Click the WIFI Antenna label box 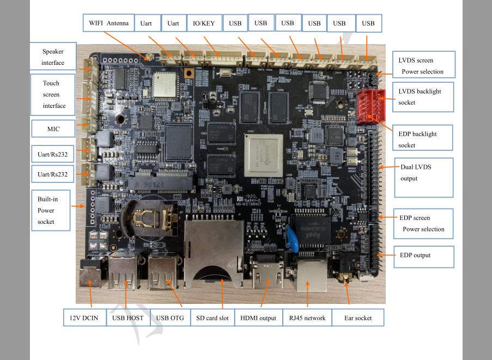(x=108, y=23)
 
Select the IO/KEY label (x=204, y=23)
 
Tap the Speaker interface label (x=53, y=57)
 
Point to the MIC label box (x=53, y=129)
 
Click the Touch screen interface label (x=53, y=95)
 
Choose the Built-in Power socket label (x=51, y=210)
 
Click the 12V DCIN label (x=84, y=318)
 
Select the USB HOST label (x=128, y=318)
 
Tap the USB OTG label (x=170, y=318)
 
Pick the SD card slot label (x=212, y=318)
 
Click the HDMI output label (x=258, y=318)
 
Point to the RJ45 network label (x=307, y=318)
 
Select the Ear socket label (x=359, y=318)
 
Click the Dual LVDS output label (x=423, y=178)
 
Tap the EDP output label (x=423, y=255)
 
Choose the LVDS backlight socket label (x=422, y=97)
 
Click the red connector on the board (x=370, y=107)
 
